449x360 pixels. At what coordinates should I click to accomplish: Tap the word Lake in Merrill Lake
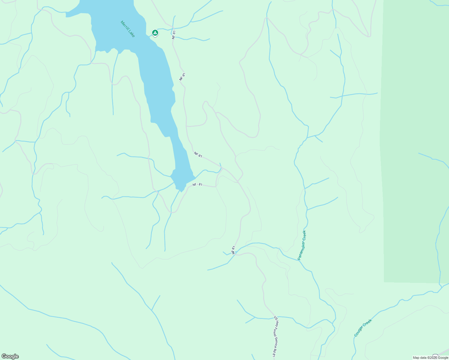(x=132, y=34)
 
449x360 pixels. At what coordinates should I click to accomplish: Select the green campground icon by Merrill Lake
(x=155, y=32)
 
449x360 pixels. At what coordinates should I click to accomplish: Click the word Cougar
(x=359, y=331)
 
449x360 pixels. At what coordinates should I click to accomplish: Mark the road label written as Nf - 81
(x=197, y=184)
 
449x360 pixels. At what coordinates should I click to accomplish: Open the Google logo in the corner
(x=10, y=356)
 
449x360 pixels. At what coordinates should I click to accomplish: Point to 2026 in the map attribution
(x=433, y=358)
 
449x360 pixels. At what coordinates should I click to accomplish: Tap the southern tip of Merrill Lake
(x=181, y=190)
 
